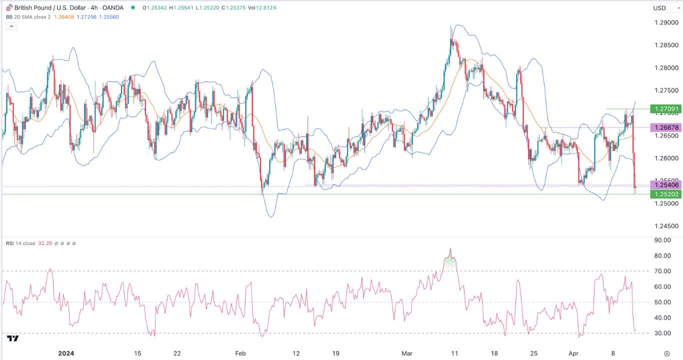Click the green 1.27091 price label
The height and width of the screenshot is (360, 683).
pyautogui.click(x=665, y=108)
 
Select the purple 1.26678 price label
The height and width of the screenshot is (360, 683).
pyautogui.click(x=665, y=127)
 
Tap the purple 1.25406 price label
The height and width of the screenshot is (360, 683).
pyautogui.click(x=665, y=185)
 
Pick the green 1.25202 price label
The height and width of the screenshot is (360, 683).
pyautogui.click(x=665, y=194)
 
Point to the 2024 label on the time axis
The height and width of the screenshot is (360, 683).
pyautogui.click(x=66, y=353)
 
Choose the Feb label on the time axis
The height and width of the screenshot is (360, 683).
pyautogui.click(x=241, y=353)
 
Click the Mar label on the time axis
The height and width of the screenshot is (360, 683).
pyautogui.click(x=407, y=353)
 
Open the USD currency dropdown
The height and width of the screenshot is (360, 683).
pyautogui.click(x=662, y=8)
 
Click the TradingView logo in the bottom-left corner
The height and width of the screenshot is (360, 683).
pyautogui.click(x=13, y=338)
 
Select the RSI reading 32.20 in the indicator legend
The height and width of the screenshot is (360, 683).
pyautogui.click(x=45, y=243)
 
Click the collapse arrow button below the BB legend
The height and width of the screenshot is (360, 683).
pyautogui.click(x=11, y=26)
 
